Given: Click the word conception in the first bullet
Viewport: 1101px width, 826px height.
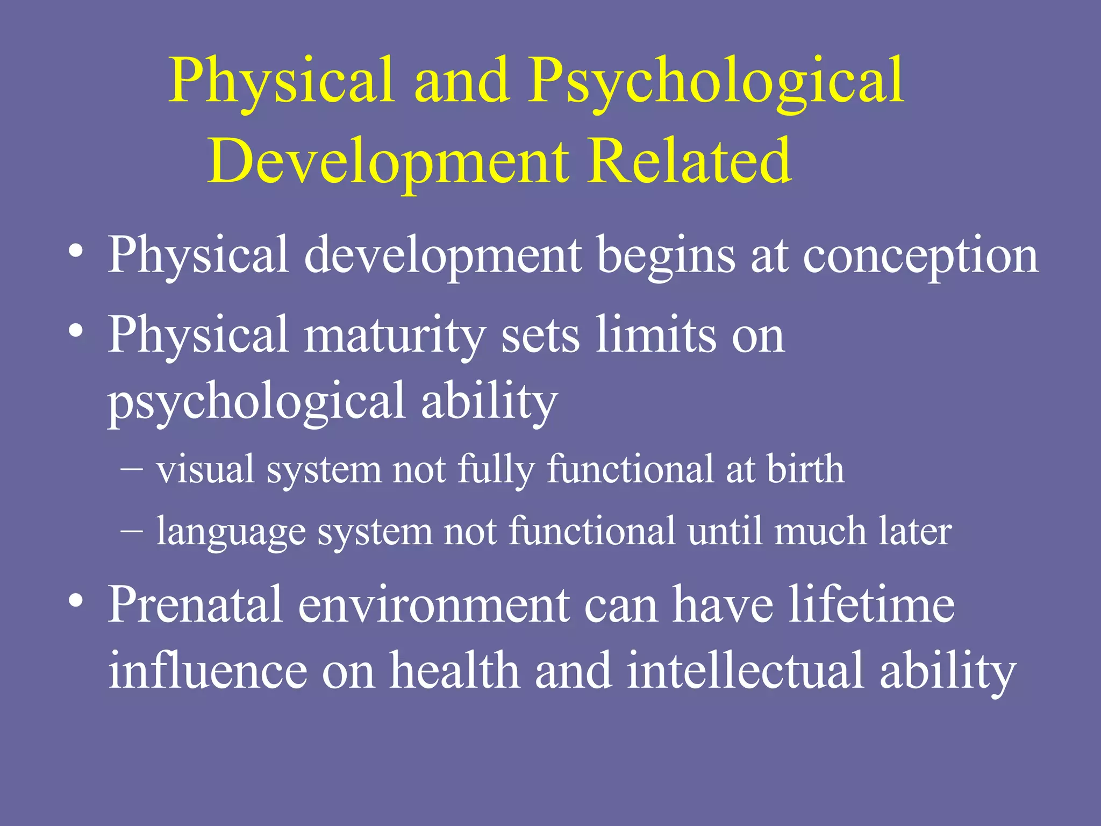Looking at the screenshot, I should (920, 256).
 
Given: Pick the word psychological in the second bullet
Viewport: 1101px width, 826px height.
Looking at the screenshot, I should (256, 402).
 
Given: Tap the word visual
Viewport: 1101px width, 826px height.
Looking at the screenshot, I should (205, 469).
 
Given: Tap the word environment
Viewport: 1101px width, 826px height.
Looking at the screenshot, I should (433, 605).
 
